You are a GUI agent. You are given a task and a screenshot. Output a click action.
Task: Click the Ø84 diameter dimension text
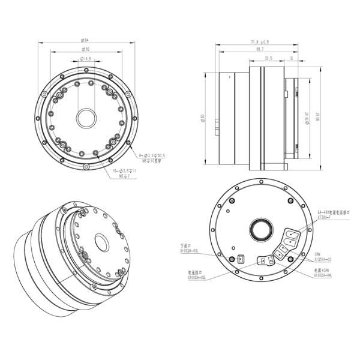click(85, 40)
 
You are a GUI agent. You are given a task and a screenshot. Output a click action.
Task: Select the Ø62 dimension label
click(85, 49)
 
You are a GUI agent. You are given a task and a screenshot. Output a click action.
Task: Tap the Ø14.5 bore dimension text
click(85, 59)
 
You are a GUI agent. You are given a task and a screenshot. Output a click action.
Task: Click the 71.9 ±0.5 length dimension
click(259, 42)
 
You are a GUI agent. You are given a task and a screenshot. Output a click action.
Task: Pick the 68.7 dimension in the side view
click(259, 49)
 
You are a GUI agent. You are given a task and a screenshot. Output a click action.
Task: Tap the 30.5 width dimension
click(268, 59)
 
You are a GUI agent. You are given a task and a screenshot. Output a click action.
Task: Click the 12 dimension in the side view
click(291, 59)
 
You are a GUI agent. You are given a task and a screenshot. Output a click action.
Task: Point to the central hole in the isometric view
click(100, 243)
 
